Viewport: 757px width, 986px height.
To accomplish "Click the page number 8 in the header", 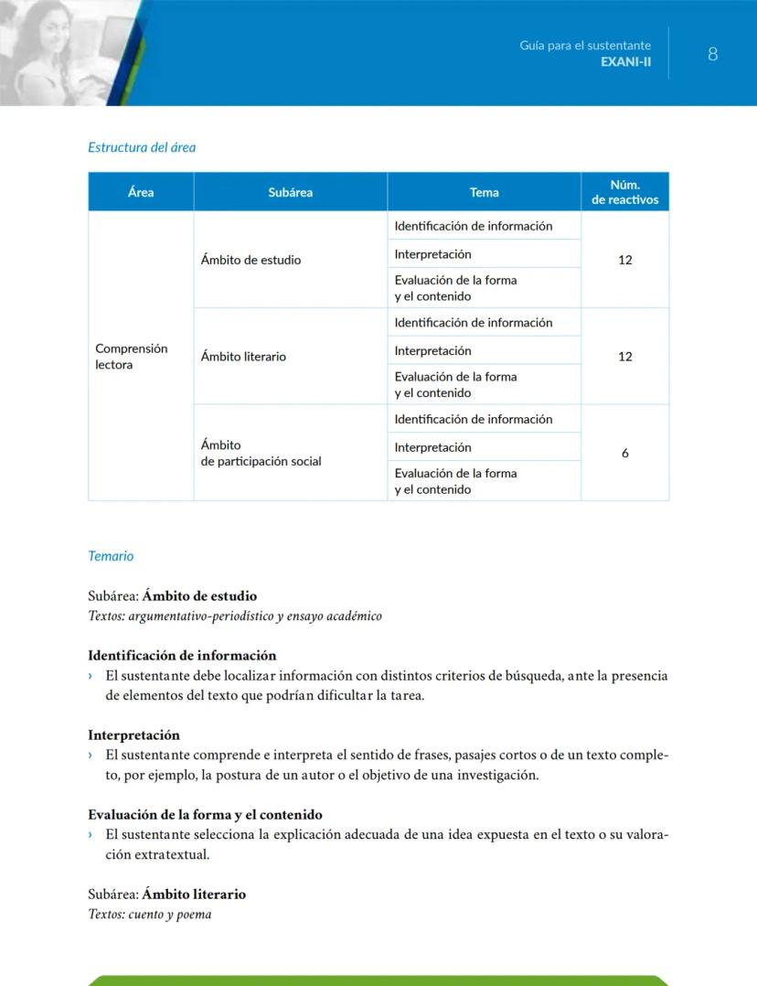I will (712, 54).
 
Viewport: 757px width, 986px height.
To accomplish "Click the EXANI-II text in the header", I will (625, 61).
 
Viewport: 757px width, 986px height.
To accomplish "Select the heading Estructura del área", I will (142, 147).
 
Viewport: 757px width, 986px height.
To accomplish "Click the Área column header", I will (141, 192).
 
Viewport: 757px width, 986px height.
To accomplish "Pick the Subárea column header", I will (291, 192).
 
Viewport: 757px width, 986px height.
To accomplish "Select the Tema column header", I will (484, 192).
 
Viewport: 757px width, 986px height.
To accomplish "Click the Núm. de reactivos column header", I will (625, 192).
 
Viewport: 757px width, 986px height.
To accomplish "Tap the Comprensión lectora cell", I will (132, 357).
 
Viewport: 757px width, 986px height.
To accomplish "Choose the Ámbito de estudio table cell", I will (251, 260).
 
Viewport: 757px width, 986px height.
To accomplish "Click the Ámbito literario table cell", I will (243, 357).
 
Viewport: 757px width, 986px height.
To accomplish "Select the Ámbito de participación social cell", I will (261, 454).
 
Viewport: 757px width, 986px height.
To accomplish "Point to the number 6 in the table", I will (625, 454).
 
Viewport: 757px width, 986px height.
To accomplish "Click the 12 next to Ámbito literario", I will (625, 357).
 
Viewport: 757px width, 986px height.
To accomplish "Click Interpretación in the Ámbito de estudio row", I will (432, 254).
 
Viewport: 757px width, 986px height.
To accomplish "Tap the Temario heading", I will (111, 556).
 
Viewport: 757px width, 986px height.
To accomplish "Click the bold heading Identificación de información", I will (182, 656).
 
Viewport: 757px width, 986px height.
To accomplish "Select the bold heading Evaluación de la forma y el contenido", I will (205, 815).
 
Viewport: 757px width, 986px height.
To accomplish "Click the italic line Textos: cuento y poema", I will (150, 914).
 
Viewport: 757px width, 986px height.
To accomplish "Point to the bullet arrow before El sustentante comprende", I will (91, 756).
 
